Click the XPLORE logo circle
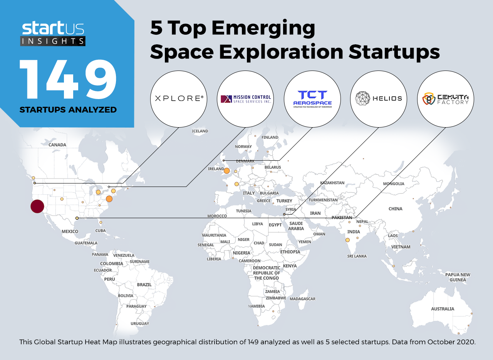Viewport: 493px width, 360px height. coord(179,99)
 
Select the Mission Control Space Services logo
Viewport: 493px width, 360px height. coord(245,99)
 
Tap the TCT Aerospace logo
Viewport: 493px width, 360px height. coord(312,99)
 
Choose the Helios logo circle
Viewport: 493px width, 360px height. coord(379,99)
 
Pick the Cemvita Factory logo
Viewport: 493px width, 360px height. coord(446,99)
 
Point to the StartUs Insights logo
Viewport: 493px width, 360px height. coord(53,34)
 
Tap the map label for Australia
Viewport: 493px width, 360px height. coord(443,309)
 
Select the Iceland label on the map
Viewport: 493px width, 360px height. coord(200,131)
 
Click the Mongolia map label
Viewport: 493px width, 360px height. coord(394,184)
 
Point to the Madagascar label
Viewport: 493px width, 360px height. coord(302,299)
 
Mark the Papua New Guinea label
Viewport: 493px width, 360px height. coord(458,277)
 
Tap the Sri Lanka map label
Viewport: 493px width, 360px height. coord(357,256)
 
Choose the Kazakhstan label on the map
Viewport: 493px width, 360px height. coord(332,183)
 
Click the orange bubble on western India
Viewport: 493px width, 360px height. coord(347,240)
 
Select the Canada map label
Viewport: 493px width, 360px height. coord(57,145)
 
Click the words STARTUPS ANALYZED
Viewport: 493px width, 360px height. coord(68,110)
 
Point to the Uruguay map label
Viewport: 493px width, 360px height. coord(139,323)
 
